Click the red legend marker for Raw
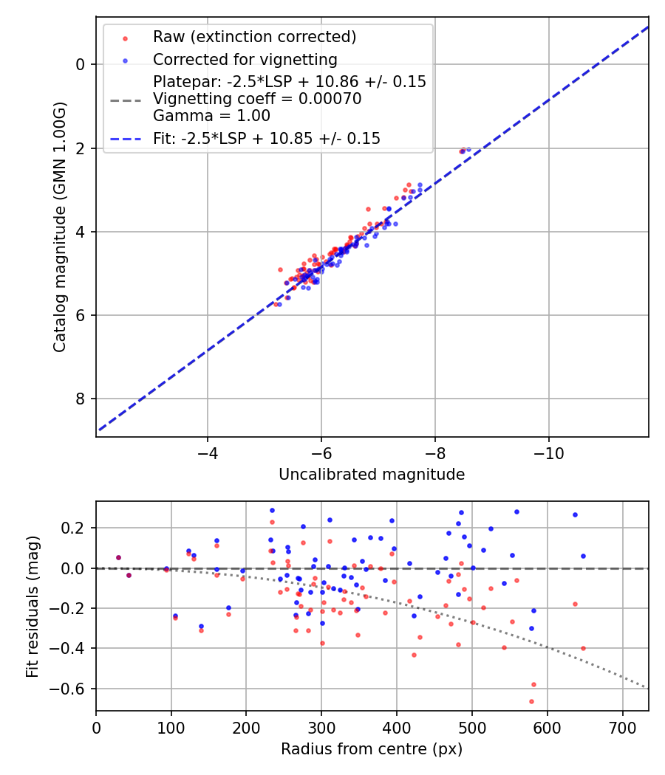(x=125, y=38)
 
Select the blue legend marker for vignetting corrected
(x=125, y=60)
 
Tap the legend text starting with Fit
(x=267, y=138)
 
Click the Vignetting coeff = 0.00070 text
(x=257, y=99)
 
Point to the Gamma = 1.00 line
(x=211, y=116)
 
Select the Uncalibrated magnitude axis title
(x=372, y=475)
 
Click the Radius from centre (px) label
(x=372, y=749)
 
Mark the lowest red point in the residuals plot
(x=531, y=701)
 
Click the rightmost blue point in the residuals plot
(x=583, y=556)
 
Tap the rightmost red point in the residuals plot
(x=583, y=648)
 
